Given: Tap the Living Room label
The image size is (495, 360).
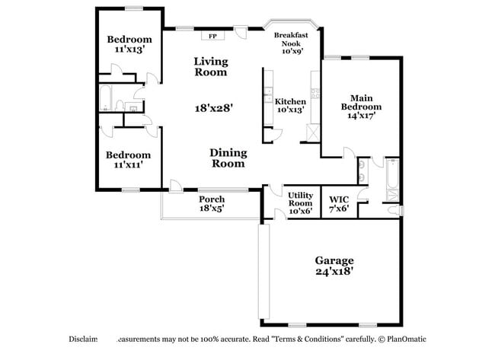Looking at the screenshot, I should pyautogui.click(x=210, y=67).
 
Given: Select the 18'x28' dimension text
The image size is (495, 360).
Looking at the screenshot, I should pyautogui.click(x=213, y=108).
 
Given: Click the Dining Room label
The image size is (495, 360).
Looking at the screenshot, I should pyautogui.click(x=228, y=158).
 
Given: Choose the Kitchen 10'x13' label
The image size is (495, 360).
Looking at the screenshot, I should pyautogui.click(x=290, y=106).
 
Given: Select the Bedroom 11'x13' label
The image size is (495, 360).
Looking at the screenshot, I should pyautogui.click(x=129, y=45).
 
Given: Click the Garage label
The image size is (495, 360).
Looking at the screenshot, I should pyautogui.click(x=334, y=260).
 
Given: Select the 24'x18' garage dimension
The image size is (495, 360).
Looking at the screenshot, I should pyautogui.click(x=334, y=270).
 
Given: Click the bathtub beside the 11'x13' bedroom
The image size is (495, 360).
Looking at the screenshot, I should pyautogui.click(x=106, y=97).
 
